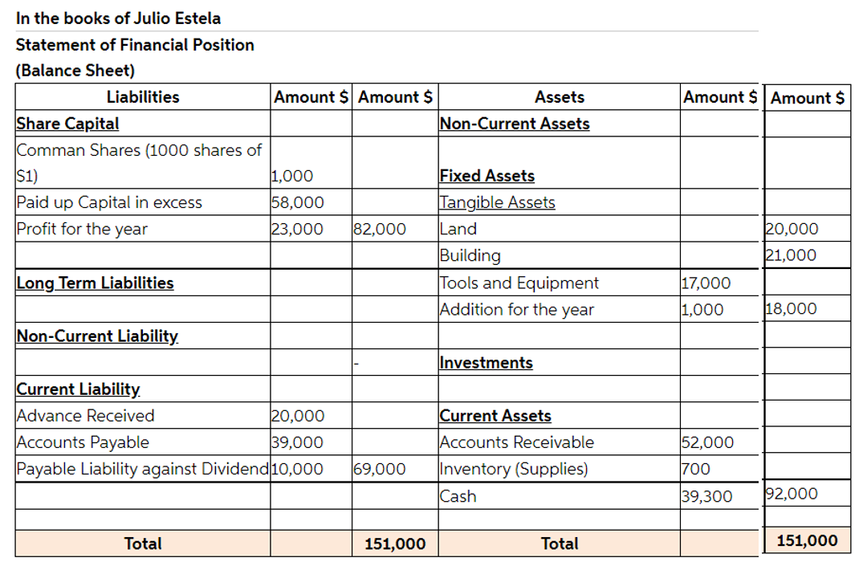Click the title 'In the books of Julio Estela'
pos(118,18)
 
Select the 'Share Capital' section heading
pos(67,124)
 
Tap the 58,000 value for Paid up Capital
pos(298,202)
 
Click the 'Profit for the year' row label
pos(82,229)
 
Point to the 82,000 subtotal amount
pos(380,229)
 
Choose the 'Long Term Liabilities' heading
pos(96,283)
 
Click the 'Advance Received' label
pos(85,415)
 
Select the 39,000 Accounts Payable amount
pos(298,442)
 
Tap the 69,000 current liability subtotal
pos(380,469)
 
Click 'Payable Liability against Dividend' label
pos(143,469)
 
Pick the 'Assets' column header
pos(560,97)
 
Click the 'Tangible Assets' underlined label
pos(498,202)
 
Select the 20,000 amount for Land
pos(792,229)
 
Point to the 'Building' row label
pos(470,255)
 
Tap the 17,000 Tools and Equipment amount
pos(706,283)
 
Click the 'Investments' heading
pos(486,362)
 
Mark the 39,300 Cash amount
pos(707,496)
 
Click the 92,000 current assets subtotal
pos(792,493)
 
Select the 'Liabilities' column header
pos(143,97)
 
